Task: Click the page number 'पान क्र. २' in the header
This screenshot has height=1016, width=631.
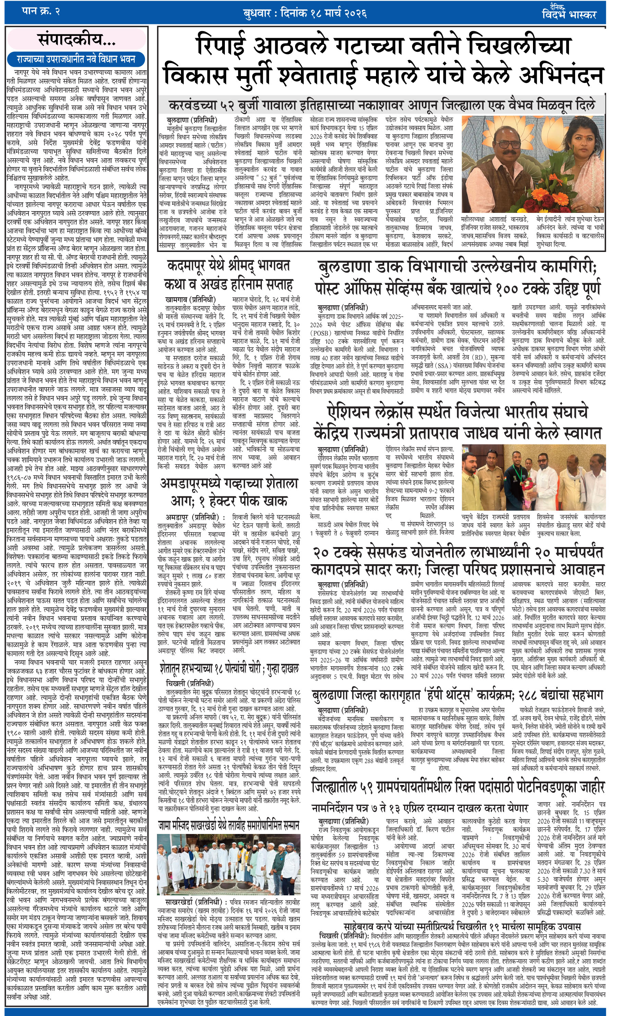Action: click(x=40, y=12)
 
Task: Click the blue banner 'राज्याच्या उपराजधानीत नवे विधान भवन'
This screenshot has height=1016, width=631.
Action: click(x=76, y=59)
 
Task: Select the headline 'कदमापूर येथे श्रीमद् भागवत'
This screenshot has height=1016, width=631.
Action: click(x=228, y=265)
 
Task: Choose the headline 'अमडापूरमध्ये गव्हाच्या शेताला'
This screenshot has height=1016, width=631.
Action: click(x=229, y=484)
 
